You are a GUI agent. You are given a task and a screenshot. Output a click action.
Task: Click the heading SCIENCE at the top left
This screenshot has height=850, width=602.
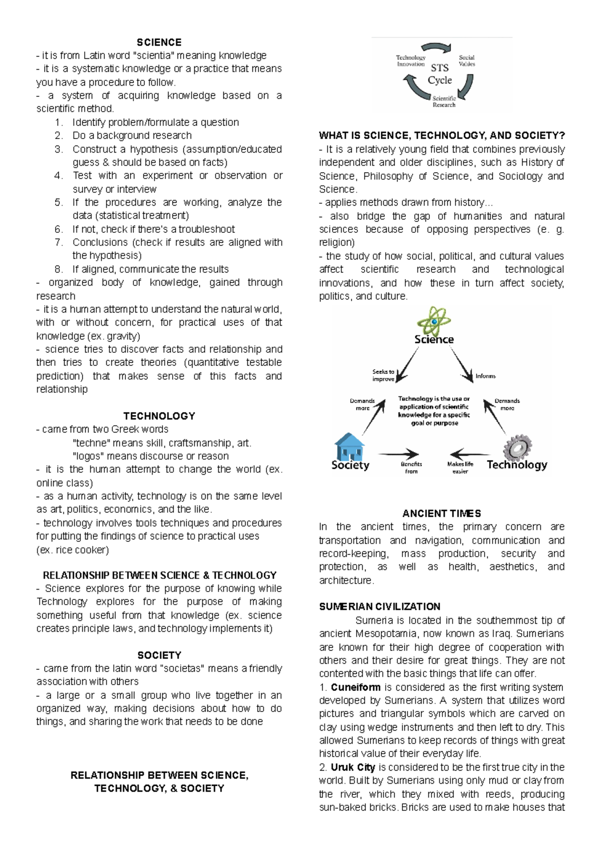tap(159, 42)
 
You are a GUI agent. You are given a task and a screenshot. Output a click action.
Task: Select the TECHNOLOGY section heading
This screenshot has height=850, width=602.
tap(159, 416)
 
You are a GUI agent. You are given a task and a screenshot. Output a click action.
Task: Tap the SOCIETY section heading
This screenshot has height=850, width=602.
tap(159, 655)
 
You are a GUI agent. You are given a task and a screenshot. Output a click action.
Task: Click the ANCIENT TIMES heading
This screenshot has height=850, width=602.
tap(441, 513)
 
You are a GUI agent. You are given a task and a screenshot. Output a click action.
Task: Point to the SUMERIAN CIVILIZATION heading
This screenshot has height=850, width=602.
tap(380, 607)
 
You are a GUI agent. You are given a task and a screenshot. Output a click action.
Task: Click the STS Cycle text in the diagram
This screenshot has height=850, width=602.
tap(439, 74)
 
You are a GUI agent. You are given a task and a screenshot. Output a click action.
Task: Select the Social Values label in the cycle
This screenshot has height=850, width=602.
tap(467, 61)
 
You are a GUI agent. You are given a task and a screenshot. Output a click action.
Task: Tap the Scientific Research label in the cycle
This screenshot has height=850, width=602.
tap(444, 101)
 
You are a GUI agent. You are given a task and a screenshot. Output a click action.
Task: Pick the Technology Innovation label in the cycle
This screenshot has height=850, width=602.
tap(410, 61)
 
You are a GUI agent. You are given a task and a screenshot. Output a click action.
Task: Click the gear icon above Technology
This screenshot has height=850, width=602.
tap(517, 448)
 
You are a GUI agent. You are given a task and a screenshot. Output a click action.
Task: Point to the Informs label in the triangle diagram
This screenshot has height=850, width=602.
tap(485, 376)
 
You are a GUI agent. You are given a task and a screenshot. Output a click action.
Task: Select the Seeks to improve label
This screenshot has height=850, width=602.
tap(383, 375)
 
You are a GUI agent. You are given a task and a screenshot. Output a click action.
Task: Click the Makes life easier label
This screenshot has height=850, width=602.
tap(460, 468)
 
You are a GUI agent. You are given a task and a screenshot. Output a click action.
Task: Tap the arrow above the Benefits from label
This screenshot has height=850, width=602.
tap(398, 454)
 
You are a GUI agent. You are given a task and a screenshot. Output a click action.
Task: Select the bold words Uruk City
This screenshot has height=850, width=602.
tap(353, 767)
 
